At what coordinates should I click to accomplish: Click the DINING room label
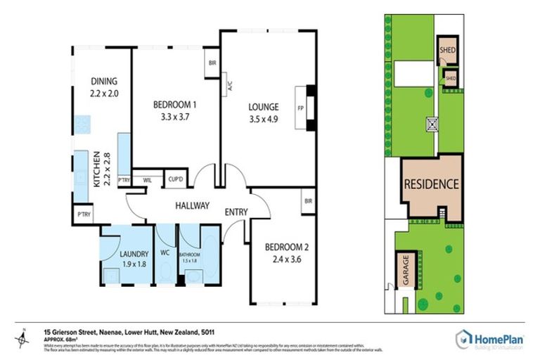point(103,81)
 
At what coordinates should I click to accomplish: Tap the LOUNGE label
point(263,107)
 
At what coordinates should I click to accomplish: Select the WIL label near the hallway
point(148,180)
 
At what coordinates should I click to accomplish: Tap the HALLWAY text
point(192,206)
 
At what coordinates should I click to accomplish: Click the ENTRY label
point(236,212)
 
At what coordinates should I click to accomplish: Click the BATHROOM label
point(190,255)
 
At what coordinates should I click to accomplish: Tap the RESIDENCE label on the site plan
point(431,185)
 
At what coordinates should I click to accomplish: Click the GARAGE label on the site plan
point(405,271)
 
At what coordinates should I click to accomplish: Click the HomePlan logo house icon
point(463,338)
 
